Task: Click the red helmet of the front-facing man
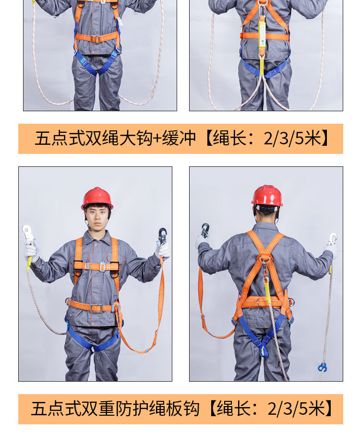click(97, 198)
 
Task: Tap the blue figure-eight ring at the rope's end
click(322, 368)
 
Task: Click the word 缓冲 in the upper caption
click(179, 139)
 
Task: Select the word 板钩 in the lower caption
click(182, 409)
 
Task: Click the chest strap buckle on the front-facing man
click(102, 267)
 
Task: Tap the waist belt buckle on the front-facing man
click(96, 308)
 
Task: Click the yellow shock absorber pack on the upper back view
click(262, 34)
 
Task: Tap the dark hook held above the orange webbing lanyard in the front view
click(162, 235)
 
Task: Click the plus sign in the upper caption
click(157, 139)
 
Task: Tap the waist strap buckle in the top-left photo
click(95, 38)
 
